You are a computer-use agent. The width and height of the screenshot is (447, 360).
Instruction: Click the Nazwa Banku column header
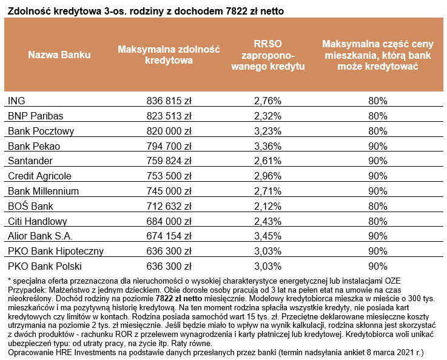pos(59,55)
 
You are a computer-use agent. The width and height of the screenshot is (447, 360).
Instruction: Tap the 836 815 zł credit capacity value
pos(169,100)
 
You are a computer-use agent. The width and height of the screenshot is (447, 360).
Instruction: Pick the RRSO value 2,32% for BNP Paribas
pos(267,115)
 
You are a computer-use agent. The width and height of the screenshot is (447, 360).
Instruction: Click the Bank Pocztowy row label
pos(41,130)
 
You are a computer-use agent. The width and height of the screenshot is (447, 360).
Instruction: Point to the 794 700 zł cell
pos(169,145)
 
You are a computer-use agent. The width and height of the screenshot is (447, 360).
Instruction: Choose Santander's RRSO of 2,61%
pos(267,161)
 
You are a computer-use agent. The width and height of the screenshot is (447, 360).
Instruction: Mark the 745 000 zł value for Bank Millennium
pos(169,191)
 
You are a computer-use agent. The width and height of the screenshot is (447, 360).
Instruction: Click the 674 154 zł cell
pos(169,236)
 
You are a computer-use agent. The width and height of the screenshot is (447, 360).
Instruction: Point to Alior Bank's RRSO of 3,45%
pos(267,236)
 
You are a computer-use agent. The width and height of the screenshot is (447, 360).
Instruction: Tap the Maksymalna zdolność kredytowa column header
pos(169,55)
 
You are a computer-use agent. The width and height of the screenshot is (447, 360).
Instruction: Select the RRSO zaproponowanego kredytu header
pos(267,55)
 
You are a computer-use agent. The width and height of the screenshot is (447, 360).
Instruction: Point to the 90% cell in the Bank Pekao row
pos(377,145)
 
